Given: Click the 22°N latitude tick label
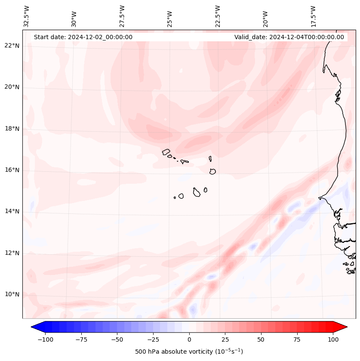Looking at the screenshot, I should (12, 46).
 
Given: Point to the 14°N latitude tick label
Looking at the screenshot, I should (12, 211).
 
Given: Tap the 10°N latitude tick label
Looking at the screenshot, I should (12, 294).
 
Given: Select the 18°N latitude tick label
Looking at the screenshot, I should (12, 129).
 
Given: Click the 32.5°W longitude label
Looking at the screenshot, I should (27, 16).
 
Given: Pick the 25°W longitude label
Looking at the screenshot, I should (170, 18).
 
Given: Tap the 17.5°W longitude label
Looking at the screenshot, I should (313, 16).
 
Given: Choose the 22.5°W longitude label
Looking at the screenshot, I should (218, 16).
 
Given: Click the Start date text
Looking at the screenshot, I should (83, 37).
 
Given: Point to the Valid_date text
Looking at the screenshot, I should (289, 37).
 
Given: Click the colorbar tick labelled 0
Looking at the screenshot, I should (189, 339).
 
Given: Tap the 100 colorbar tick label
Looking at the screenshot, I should (333, 339).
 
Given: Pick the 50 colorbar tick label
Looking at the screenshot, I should (261, 339).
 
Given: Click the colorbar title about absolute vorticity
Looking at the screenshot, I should (189, 352).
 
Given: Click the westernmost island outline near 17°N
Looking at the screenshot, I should (166, 152).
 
